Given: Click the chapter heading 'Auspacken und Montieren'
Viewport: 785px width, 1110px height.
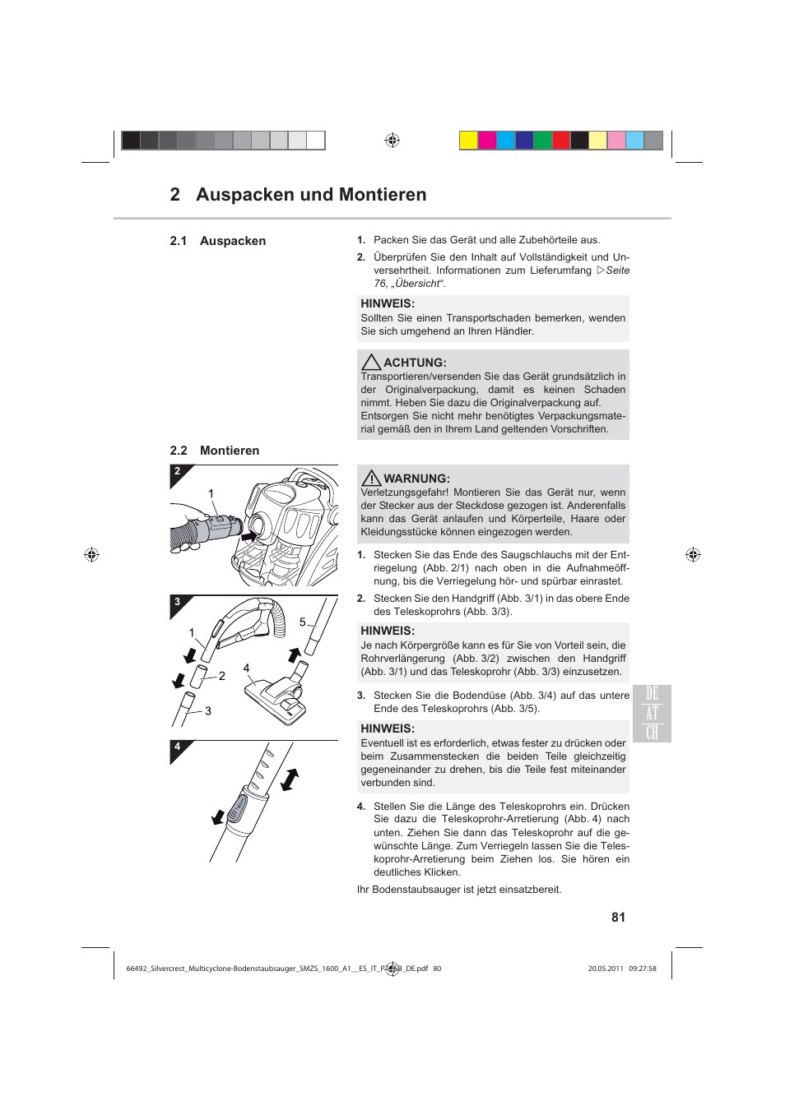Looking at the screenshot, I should click(x=311, y=195).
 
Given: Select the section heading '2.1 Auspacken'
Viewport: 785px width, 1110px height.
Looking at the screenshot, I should click(x=218, y=241).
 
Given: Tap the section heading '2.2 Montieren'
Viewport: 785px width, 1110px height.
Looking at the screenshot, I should click(x=215, y=451).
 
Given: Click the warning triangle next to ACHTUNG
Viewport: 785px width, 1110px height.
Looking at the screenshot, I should click(x=371, y=363).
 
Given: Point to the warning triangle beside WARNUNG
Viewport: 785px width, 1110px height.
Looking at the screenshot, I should click(x=371, y=479).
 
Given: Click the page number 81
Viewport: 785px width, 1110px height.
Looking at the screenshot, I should click(x=618, y=918).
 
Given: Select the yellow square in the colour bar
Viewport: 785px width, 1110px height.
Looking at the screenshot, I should click(x=468, y=141).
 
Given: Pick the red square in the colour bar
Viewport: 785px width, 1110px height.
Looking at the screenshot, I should click(x=561, y=141).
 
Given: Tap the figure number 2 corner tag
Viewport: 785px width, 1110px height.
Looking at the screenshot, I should click(x=178, y=473).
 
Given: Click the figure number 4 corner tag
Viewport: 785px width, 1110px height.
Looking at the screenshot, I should click(x=178, y=748).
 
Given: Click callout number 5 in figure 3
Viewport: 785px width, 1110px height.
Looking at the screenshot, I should click(x=303, y=622).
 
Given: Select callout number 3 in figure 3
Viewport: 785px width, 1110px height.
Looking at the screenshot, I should click(x=208, y=711).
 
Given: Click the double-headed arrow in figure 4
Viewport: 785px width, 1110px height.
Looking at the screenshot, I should click(x=290, y=779).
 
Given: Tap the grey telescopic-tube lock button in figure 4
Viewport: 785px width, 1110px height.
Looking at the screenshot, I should click(x=237, y=809).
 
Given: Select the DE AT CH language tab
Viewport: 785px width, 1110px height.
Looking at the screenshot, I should click(x=652, y=714).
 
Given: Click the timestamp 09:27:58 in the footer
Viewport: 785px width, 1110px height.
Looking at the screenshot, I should click(x=643, y=969).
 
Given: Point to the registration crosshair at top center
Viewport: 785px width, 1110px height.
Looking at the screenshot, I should click(x=392, y=141).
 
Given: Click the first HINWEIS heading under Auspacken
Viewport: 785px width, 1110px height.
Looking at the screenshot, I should click(x=388, y=303).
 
